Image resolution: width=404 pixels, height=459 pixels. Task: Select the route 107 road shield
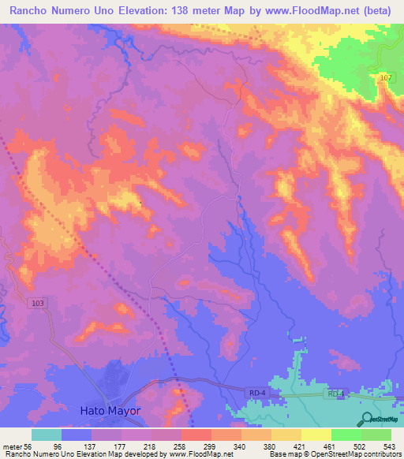pyautogui.click(x=385, y=77)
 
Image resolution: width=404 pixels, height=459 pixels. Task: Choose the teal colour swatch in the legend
pyautogui.click(x=47, y=435)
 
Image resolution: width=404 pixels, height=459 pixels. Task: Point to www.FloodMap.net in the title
pyautogui.click(x=296, y=12)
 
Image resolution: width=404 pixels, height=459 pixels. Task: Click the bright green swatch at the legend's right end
pyautogui.click(x=376, y=435)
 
